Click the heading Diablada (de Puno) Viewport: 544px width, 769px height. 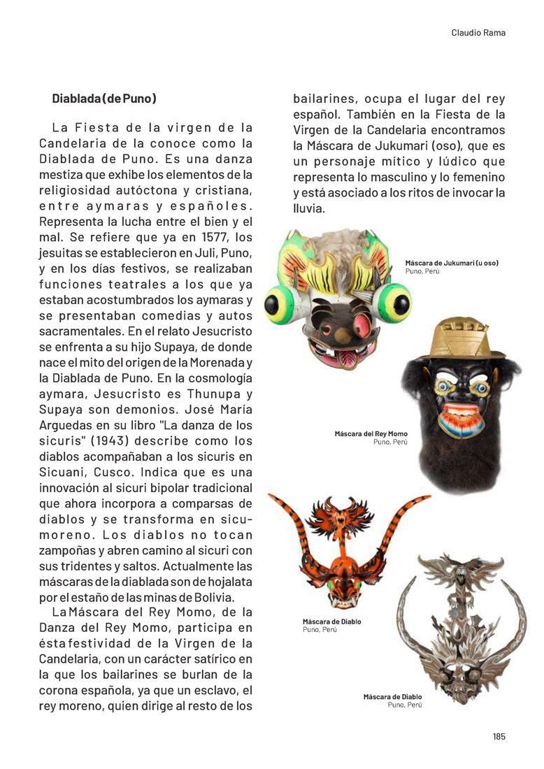pyautogui.click(x=104, y=99)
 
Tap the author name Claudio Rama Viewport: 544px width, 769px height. pyautogui.click(x=478, y=33)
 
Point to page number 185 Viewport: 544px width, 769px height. pyautogui.click(x=498, y=736)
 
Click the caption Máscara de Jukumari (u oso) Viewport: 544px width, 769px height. pyautogui.click(x=452, y=263)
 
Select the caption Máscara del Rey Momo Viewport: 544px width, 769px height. pyautogui.click(x=371, y=434)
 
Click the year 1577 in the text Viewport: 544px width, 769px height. pyautogui.click(x=217, y=237)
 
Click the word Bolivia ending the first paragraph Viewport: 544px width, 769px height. pyautogui.click(x=213, y=597)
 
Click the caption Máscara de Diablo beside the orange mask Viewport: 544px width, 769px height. pyautogui.click(x=331, y=621)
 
